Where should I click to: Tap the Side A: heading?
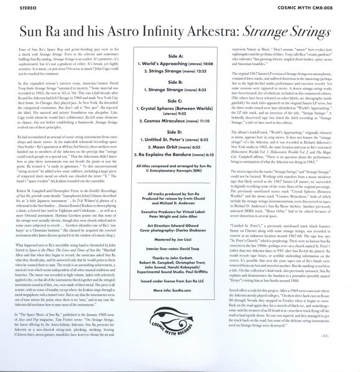click(180, 56)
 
